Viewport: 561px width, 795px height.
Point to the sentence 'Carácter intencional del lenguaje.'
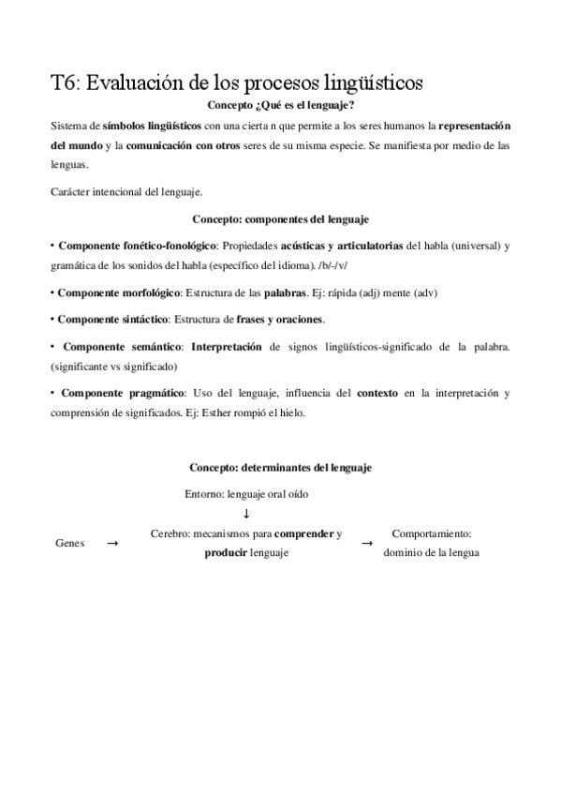coord(126,192)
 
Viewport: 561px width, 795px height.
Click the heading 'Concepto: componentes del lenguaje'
coord(281,219)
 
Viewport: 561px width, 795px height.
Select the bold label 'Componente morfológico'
coord(117,293)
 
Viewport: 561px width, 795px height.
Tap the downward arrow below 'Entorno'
coord(246,513)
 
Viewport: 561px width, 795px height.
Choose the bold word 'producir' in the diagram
coord(226,553)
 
